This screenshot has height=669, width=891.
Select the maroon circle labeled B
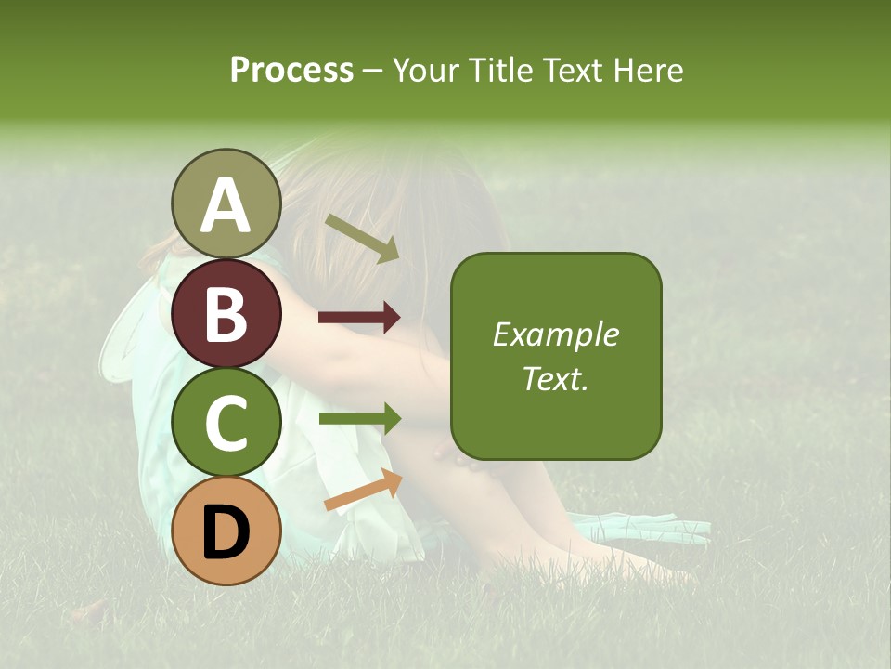click(226, 314)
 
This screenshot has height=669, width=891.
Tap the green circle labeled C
click(226, 423)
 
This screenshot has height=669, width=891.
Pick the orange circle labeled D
click(226, 531)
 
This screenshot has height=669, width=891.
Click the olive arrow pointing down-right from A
click(363, 238)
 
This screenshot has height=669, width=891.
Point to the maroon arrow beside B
click(359, 318)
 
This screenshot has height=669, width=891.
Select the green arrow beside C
click(359, 418)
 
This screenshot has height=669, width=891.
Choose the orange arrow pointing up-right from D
click(363, 490)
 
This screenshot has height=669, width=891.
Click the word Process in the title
click(291, 71)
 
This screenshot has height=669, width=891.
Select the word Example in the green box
click(555, 334)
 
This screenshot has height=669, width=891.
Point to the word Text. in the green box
click(555, 378)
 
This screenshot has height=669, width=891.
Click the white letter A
click(226, 205)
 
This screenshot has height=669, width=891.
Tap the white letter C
click(226, 424)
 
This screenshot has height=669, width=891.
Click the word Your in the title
click(425, 71)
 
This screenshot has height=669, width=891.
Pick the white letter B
click(226, 314)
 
